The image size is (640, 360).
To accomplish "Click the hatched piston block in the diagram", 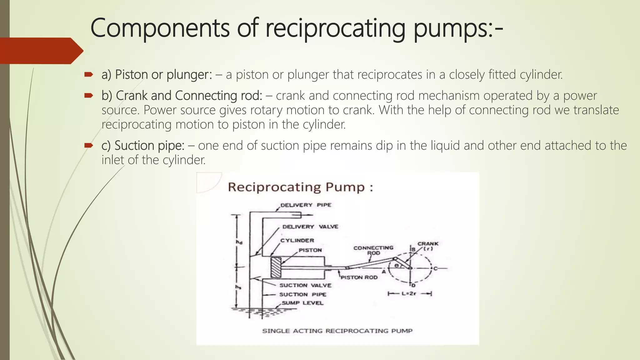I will point(276,267).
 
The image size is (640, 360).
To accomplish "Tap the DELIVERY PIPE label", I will point(306,205).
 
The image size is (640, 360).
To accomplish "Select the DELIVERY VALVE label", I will point(310,227).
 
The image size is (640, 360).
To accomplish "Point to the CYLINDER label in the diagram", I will point(297,240).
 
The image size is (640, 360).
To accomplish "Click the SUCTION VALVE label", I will point(305,285).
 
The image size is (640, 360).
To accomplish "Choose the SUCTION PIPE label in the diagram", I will point(302,294).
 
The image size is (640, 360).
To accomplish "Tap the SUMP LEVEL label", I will point(302,303).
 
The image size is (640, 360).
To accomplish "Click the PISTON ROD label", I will point(359,277).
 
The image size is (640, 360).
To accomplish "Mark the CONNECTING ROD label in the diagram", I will point(373,250).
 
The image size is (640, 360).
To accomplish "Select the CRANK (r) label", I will point(428,246).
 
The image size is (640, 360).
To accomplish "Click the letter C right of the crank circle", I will point(435,268).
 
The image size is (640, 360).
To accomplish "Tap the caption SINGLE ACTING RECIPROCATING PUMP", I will point(337,331).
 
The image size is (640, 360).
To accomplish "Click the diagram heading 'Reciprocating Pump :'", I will point(300,187).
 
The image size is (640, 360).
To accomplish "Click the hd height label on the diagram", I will point(239,242).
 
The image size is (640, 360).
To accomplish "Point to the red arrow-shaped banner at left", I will point(41,51).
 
